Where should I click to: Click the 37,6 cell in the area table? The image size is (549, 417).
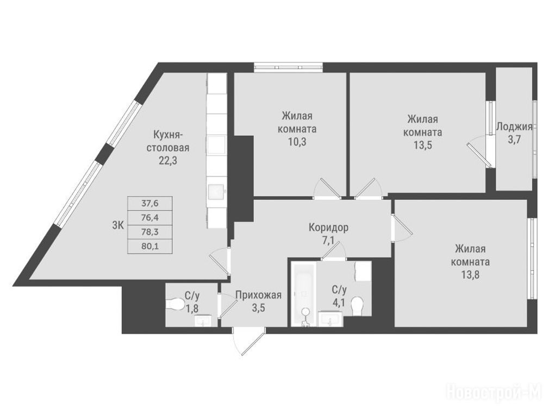coord(150,203)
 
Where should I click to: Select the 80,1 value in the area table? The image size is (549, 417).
coord(150,246)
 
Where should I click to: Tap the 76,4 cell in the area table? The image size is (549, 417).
coord(150,217)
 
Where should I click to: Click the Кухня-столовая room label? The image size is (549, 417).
coord(168,141)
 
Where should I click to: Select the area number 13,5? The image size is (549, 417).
coord(422,145)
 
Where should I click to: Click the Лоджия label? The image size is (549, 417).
coord(514,127)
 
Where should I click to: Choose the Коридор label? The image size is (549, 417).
coord(328,228)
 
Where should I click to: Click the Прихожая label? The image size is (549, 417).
coord(258,295)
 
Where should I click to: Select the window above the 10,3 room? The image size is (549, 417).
coord(288,67)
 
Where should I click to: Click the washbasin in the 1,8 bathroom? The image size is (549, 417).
coord(203,320)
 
